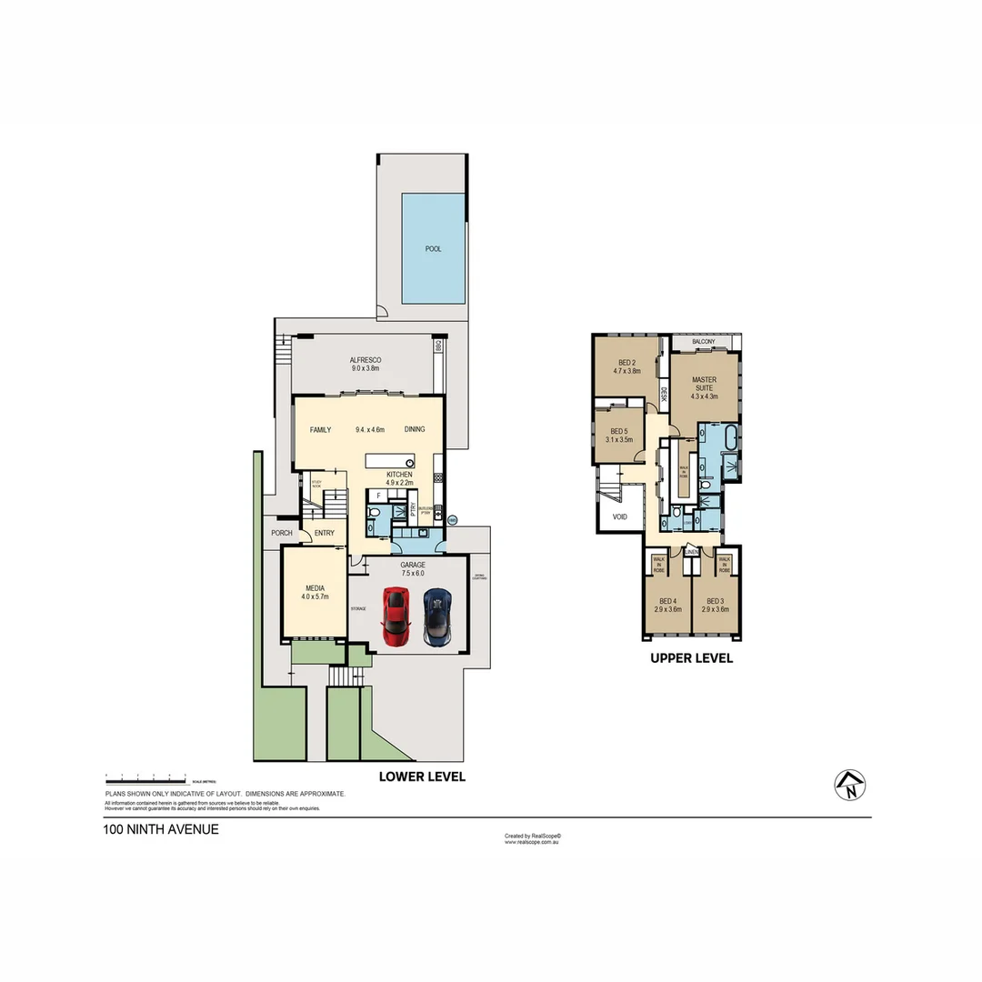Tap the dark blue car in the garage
(436, 616)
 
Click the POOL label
(434, 248)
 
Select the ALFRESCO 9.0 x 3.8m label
(366, 365)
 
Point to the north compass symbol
(850, 785)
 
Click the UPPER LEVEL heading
(691, 658)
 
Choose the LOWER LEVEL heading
(422, 777)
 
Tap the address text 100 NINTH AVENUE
(161, 829)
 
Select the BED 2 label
(627, 366)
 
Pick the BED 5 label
(619, 435)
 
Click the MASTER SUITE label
(704, 386)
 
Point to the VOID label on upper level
(620, 516)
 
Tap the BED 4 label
(667, 605)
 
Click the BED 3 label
(715, 605)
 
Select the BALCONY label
(703, 342)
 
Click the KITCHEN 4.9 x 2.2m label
(399, 479)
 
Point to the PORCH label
(280, 534)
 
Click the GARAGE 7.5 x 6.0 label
(413, 568)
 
